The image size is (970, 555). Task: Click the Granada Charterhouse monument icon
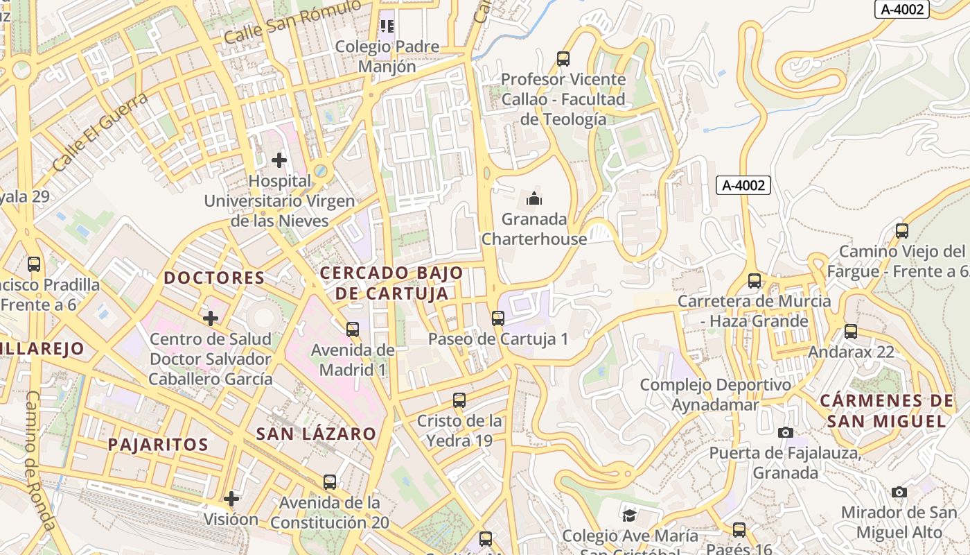[534, 199]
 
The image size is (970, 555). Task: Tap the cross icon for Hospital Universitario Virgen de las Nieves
[279, 161]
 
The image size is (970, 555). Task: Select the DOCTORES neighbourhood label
[214, 278]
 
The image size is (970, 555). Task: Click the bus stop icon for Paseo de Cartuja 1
[497, 318]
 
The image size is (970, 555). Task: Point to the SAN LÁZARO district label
[316, 434]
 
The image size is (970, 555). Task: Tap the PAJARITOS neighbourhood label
[158, 445]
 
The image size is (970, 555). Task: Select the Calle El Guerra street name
[100, 132]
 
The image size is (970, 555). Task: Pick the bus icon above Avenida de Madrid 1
[353, 329]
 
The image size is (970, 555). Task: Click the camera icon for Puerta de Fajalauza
[785, 432]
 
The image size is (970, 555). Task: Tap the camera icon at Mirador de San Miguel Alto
[899, 492]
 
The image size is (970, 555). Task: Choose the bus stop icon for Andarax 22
[851, 332]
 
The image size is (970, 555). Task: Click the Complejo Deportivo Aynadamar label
[715, 394]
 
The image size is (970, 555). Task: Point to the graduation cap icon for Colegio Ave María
[629, 515]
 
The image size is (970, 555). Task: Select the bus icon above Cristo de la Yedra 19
[459, 400]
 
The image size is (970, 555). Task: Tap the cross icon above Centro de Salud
[211, 318]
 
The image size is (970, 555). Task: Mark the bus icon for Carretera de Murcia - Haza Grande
[755, 281]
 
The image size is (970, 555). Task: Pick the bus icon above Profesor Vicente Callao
[563, 59]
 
